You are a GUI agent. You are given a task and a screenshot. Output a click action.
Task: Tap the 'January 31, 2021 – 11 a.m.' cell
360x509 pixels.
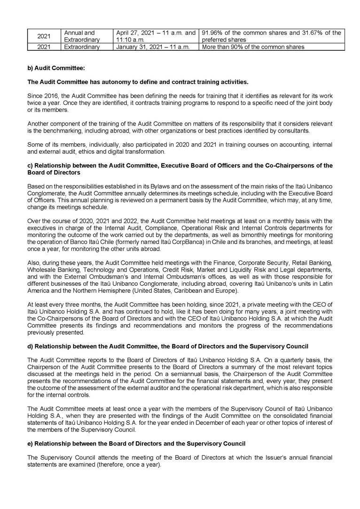(152, 47)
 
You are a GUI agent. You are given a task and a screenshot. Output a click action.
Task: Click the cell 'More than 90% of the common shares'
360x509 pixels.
(252, 47)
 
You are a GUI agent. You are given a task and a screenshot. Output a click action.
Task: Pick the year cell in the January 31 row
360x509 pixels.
(43, 47)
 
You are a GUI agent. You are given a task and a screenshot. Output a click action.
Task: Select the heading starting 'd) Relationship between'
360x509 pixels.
(168, 346)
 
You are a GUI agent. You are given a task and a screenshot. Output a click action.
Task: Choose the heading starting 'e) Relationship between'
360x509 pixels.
(136, 443)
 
